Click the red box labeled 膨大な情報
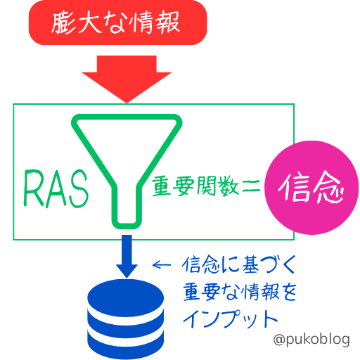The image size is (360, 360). [117, 22]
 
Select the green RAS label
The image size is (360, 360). [56, 188]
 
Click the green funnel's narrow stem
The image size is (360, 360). [127, 206]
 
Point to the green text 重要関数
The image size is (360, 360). [195, 186]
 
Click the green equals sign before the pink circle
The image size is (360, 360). [251, 186]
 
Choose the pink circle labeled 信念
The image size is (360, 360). [311, 188]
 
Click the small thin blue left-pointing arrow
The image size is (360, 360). [162, 265]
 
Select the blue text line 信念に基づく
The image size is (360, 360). [239, 265]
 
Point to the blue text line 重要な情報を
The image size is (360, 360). [240, 292]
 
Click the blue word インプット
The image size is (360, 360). [230, 319]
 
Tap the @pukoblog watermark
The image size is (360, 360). [311, 340]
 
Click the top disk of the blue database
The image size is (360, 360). [126, 297]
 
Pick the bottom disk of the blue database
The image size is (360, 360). [126, 347]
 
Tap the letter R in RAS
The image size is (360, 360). [34, 188]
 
